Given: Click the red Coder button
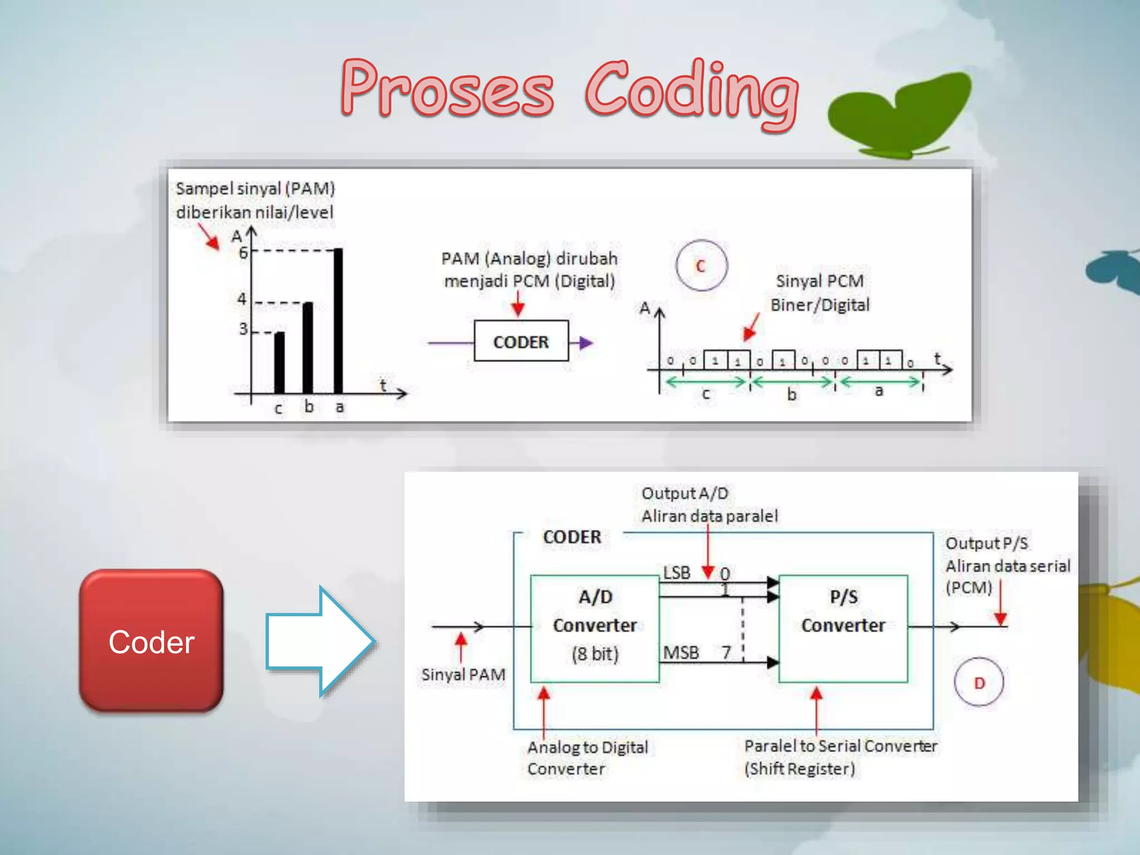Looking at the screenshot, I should (151, 641).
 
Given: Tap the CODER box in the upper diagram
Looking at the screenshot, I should (521, 341).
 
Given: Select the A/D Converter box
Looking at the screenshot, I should (594, 628).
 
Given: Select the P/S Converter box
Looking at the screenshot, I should (843, 628).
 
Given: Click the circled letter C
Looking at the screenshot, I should (701, 266).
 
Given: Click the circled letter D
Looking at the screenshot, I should (979, 682).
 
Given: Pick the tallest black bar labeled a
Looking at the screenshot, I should (338, 321).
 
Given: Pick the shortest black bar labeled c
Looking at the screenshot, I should (279, 362).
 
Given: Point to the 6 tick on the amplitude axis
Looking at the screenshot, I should (244, 252).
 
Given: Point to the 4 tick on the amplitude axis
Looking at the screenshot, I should (242, 299).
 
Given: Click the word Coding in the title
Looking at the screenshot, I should (691, 92).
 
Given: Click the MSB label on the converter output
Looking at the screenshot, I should (681, 652).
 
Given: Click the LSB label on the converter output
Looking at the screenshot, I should (676, 573).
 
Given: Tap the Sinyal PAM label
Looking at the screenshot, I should (463, 675).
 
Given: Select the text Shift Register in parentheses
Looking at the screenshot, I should (799, 769).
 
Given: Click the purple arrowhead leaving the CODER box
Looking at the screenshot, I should (586, 342).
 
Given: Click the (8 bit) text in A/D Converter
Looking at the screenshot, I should (594, 653).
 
